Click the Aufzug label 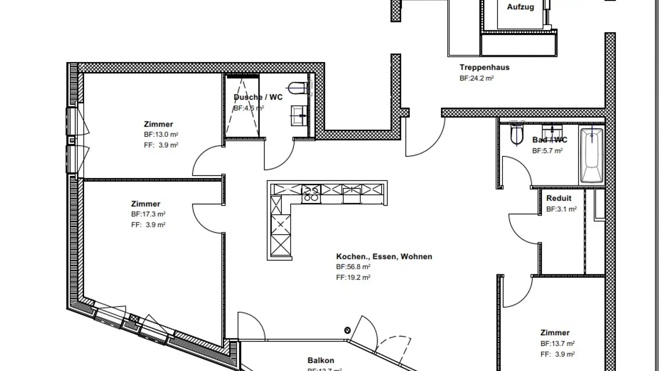520,7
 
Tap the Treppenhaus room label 484,67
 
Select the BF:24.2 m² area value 476,78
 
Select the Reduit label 559,198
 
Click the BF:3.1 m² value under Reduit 562,209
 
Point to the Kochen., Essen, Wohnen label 384,256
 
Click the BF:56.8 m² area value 353,267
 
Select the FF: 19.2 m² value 353,278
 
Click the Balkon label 320,360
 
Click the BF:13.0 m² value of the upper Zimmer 161,135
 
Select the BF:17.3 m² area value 148,214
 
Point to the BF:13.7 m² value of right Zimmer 557,344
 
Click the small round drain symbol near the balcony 347,330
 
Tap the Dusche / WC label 258,97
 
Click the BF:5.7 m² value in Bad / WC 547,151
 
